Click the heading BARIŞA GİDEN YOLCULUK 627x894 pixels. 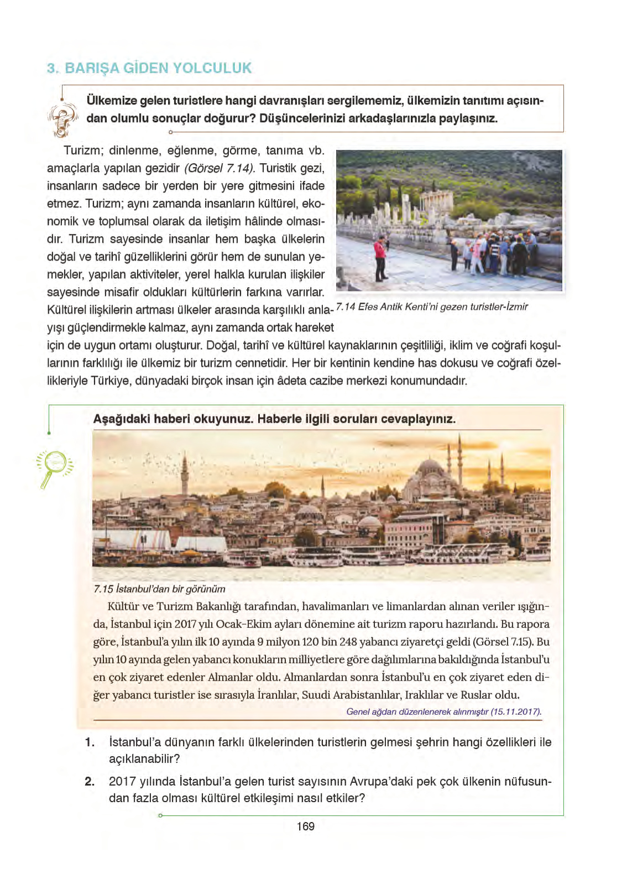coord(158,68)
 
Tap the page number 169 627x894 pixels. coord(305,826)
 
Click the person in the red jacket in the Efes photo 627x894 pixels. coord(380,258)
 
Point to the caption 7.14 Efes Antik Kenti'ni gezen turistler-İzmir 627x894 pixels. coord(432,306)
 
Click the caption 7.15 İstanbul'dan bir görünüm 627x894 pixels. coord(159,589)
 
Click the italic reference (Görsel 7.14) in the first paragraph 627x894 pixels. coord(219,168)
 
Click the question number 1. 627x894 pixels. coord(90,742)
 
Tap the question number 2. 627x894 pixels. coord(90,781)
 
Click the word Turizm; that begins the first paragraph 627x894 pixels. coord(83,150)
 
